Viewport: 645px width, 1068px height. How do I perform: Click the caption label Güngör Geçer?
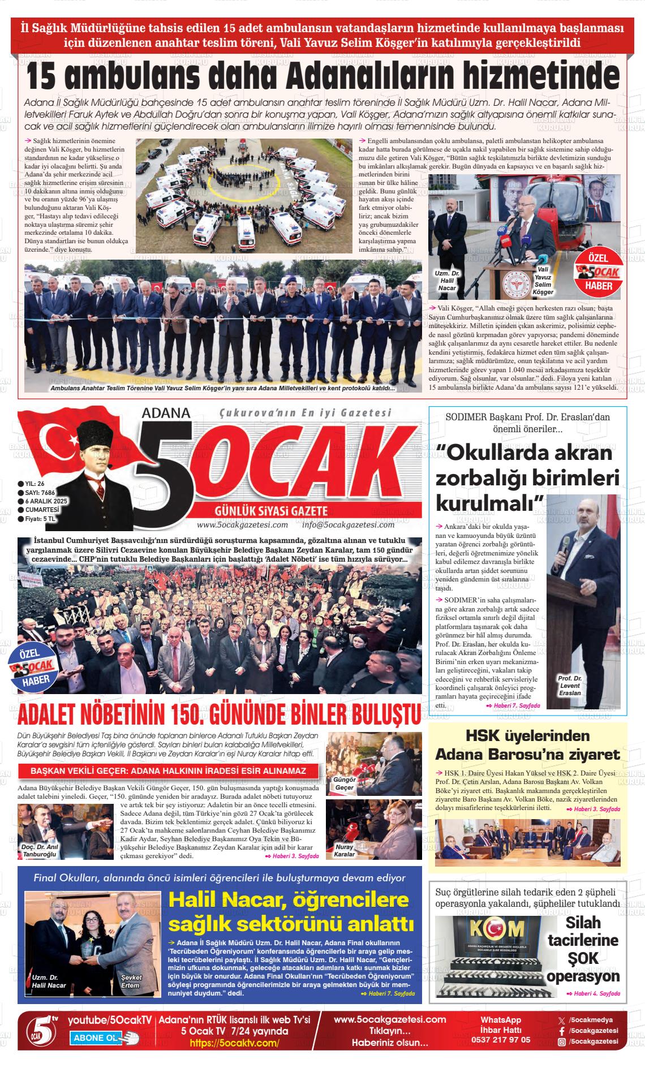(x=344, y=783)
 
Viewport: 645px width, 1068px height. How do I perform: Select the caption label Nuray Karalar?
(x=344, y=850)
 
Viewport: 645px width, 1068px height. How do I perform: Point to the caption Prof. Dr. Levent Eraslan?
(x=570, y=686)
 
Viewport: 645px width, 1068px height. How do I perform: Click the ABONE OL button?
(x=100, y=1038)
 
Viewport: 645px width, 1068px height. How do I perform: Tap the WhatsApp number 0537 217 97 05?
(x=500, y=1040)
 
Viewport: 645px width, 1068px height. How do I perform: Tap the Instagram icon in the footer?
(x=561, y=1041)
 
